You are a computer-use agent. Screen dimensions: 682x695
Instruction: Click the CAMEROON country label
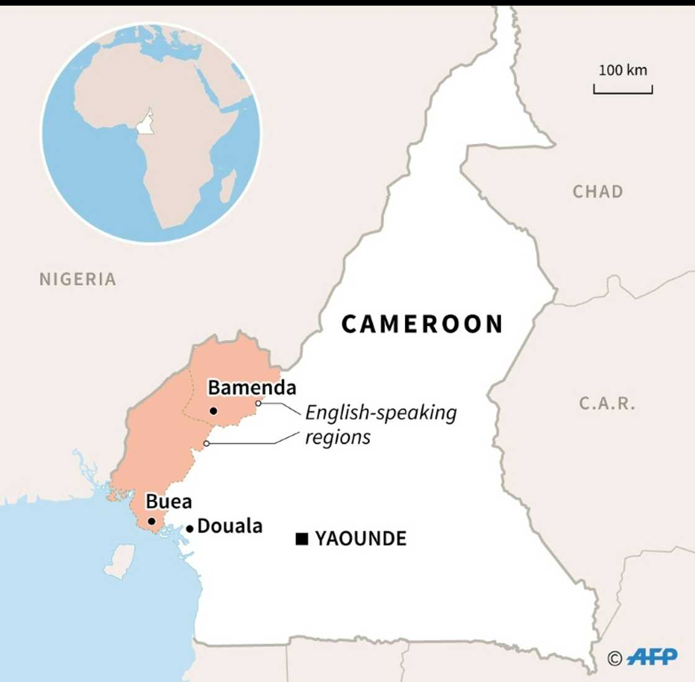point(423,324)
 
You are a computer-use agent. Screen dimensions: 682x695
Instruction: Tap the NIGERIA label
point(78,279)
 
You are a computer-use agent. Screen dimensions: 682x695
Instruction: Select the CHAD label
point(598,191)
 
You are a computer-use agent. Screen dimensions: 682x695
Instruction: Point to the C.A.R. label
point(608,404)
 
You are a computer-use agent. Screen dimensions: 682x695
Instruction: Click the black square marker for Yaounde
point(302,539)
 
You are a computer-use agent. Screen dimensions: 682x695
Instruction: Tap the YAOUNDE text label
point(361,538)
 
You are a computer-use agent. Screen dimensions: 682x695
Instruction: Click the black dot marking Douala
point(189,529)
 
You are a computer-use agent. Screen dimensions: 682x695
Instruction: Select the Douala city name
point(230,526)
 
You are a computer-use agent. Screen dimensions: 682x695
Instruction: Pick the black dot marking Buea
point(151,521)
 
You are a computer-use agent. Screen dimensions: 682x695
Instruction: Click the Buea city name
point(168,501)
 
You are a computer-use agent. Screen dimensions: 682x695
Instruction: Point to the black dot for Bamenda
point(213,411)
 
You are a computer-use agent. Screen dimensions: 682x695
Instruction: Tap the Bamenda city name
point(251,388)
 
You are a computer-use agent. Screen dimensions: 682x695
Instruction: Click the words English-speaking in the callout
point(381,413)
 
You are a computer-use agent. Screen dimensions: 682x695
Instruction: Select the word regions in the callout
point(338,437)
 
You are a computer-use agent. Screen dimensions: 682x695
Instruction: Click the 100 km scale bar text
point(622,70)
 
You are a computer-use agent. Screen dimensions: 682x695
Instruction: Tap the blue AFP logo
point(652,657)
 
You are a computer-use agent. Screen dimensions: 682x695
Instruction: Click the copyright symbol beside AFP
point(614,658)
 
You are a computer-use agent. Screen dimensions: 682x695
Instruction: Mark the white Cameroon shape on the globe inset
point(146,123)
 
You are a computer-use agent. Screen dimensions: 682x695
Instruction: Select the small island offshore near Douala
point(120,560)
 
